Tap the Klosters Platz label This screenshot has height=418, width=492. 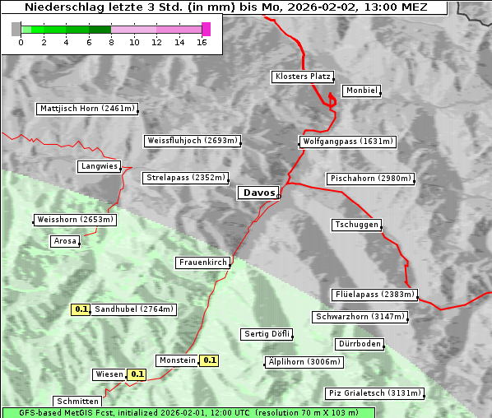click(302, 77)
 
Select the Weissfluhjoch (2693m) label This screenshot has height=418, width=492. click(192, 141)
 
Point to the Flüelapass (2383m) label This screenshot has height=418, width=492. click(374, 295)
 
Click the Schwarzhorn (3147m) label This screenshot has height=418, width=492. click(360, 317)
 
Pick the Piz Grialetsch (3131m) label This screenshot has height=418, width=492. click(374, 393)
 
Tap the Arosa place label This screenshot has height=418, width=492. click(65, 241)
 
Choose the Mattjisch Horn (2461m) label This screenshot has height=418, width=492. click(87, 109)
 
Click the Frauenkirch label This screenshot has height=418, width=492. click(202, 262)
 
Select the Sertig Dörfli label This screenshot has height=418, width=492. click(267, 334)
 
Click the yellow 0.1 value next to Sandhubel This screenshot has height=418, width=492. click(81, 309)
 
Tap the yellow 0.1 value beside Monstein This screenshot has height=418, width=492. click(210, 360)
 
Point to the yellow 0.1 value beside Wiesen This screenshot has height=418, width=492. click(137, 374)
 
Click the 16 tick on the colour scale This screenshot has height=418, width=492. click(202, 41)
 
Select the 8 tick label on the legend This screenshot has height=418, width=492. click(111, 41)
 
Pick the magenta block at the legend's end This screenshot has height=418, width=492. click(206, 29)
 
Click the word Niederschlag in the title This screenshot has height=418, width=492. click(66, 7)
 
